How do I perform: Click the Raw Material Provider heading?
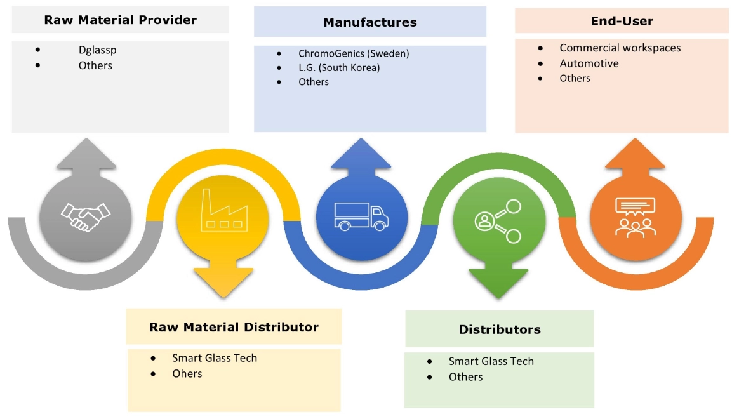click(x=120, y=20)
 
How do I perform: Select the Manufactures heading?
click(x=370, y=22)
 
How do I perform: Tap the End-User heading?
click(x=622, y=21)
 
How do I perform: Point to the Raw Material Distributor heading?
click(x=234, y=327)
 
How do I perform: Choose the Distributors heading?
click(x=500, y=329)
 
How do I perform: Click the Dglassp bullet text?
click(x=98, y=50)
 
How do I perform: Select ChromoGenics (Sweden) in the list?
click(x=354, y=53)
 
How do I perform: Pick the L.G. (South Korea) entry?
click(x=339, y=67)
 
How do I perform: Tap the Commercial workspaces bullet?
click(x=620, y=48)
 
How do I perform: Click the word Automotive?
click(x=589, y=63)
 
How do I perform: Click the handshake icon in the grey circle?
click(x=85, y=216)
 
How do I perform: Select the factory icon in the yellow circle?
click(x=223, y=210)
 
